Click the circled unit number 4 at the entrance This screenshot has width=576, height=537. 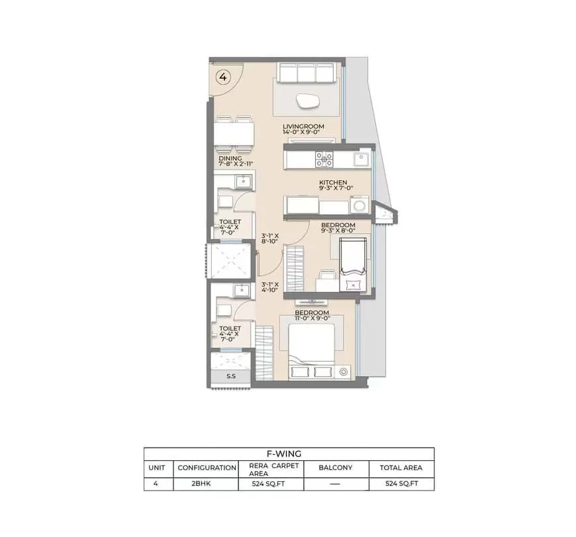223,77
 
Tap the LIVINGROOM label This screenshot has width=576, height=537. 303,126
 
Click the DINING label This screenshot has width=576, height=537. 230,158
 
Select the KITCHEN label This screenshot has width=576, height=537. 333,182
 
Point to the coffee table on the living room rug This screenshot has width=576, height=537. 307,101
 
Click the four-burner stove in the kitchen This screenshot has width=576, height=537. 324,160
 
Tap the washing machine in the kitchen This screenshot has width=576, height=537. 360,205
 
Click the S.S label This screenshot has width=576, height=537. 231,376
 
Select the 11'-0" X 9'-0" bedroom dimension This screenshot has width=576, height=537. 312,318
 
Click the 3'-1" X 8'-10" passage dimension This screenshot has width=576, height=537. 270,238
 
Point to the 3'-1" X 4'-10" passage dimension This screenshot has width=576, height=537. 270,287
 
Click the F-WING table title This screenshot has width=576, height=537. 284,454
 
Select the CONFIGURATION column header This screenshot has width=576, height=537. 207,467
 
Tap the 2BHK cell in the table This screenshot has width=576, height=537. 201,483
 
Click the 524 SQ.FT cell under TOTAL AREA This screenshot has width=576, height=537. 401,483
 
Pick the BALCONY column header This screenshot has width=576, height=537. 336,467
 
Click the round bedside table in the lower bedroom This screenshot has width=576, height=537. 344,371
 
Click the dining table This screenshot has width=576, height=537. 234,134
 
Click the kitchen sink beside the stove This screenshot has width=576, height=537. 361,159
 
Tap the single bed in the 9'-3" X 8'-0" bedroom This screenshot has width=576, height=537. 353,264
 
